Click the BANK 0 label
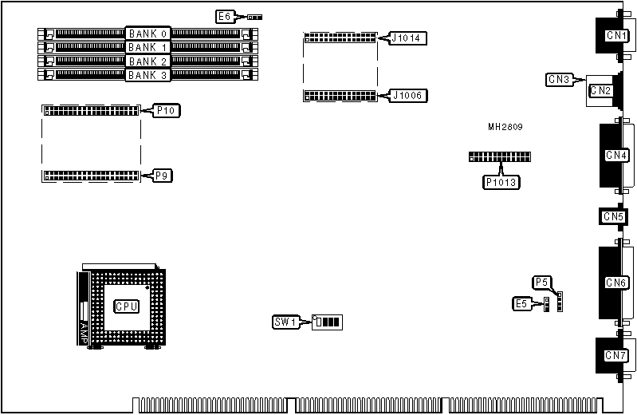coord(147,34)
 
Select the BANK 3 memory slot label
coord(147,76)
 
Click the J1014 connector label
coord(409,38)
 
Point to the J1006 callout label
coord(409,96)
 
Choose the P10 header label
coord(166,110)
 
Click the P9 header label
coord(162,175)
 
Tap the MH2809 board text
coord(505,127)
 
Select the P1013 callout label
coord(501,182)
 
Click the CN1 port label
coord(615,35)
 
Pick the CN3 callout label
coord(558,79)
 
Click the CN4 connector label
coord(615,155)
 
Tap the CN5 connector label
coord(613,216)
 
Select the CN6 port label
coord(615,283)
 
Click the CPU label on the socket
coord(127,306)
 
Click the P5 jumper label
coord(541,282)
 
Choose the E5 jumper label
coord(522,303)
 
